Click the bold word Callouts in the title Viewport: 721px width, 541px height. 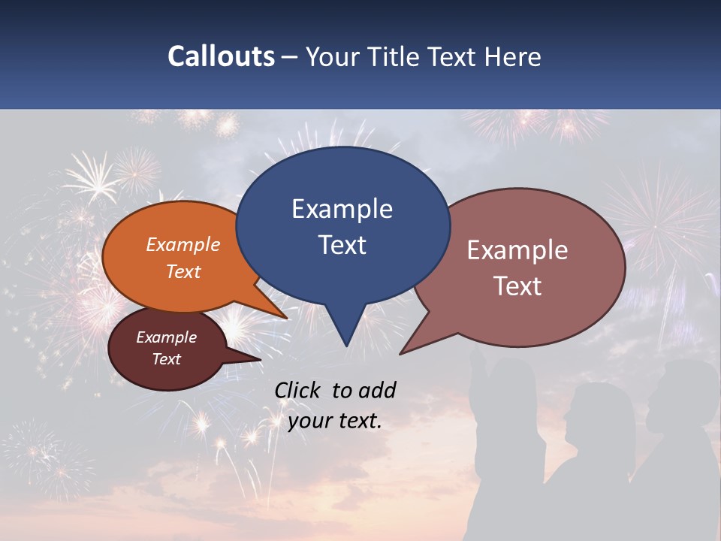(x=221, y=56)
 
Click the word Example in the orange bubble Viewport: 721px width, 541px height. (x=183, y=244)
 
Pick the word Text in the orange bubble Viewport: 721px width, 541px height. (x=183, y=271)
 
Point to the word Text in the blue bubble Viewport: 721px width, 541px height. (x=342, y=244)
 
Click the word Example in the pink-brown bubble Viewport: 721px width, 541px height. (x=517, y=249)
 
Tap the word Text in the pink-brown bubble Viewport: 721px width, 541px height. (x=517, y=286)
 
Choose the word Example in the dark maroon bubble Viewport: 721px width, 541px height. (x=167, y=337)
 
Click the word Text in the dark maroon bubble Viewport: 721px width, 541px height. (x=167, y=359)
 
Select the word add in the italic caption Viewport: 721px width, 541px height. (x=376, y=390)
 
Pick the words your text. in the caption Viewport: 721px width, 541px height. (x=335, y=421)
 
